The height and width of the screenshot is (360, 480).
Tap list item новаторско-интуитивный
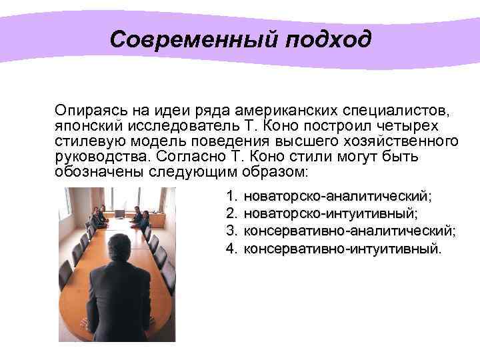[x=331, y=214]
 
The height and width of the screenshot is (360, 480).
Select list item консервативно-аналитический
[x=350, y=231]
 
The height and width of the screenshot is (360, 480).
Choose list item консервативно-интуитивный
[x=343, y=249]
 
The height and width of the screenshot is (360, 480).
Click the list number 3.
[x=231, y=231]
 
